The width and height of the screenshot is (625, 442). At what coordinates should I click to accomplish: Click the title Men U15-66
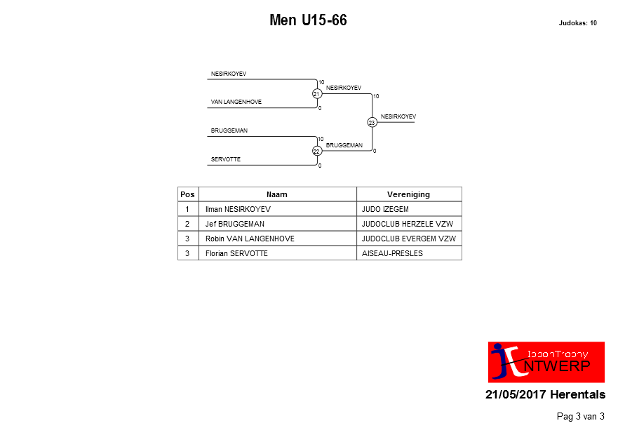(x=308, y=20)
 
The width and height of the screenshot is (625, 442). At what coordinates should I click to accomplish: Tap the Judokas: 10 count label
(x=577, y=23)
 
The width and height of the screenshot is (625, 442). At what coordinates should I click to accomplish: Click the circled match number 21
(x=317, y=94)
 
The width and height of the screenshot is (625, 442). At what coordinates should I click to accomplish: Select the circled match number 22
(x=317, y=152)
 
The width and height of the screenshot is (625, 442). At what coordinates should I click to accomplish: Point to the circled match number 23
(x=372, y=123)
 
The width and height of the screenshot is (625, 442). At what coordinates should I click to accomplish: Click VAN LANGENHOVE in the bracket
(x=236, y=102)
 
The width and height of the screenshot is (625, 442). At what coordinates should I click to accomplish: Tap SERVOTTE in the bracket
(x=226, y=159)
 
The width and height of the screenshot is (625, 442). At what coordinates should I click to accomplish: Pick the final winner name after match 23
(x=398, y=116)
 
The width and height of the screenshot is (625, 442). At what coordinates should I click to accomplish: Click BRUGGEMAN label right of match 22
(x=344, y=145)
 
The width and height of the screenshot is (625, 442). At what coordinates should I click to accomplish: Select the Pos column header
(x=188, y=194)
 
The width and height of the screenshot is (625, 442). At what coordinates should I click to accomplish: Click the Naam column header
(x=277, y=194)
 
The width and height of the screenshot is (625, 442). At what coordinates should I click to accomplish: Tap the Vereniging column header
(x=408, y=194)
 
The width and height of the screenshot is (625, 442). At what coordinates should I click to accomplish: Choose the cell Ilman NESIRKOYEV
(x=238, y=209)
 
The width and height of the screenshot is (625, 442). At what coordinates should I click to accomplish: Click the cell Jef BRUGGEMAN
(x=235, y=224)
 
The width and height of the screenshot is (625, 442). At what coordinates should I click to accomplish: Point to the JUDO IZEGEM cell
(x=385, y=209)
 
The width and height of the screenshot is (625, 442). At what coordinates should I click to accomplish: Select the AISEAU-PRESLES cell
(x=392, y=253)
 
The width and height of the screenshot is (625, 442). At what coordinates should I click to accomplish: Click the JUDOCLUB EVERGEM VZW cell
(x=408, y=239)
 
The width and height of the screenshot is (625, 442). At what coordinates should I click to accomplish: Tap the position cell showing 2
(x=187, y=224)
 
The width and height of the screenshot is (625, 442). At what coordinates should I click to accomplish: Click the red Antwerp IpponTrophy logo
(x=546, y=362)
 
